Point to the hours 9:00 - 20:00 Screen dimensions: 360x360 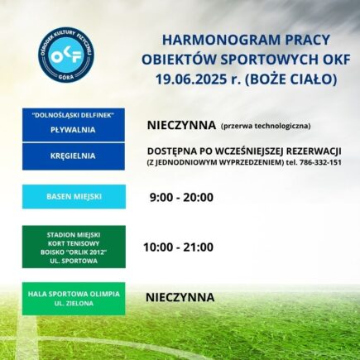(x=180, y=198)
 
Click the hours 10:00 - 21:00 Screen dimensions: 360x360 (x=179, y=247)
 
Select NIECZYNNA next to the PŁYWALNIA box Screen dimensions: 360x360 (x=180, y=126)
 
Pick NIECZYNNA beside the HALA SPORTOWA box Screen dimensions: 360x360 (x=180, y=297)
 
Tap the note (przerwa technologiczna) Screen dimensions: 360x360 (x=265, y=127)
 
